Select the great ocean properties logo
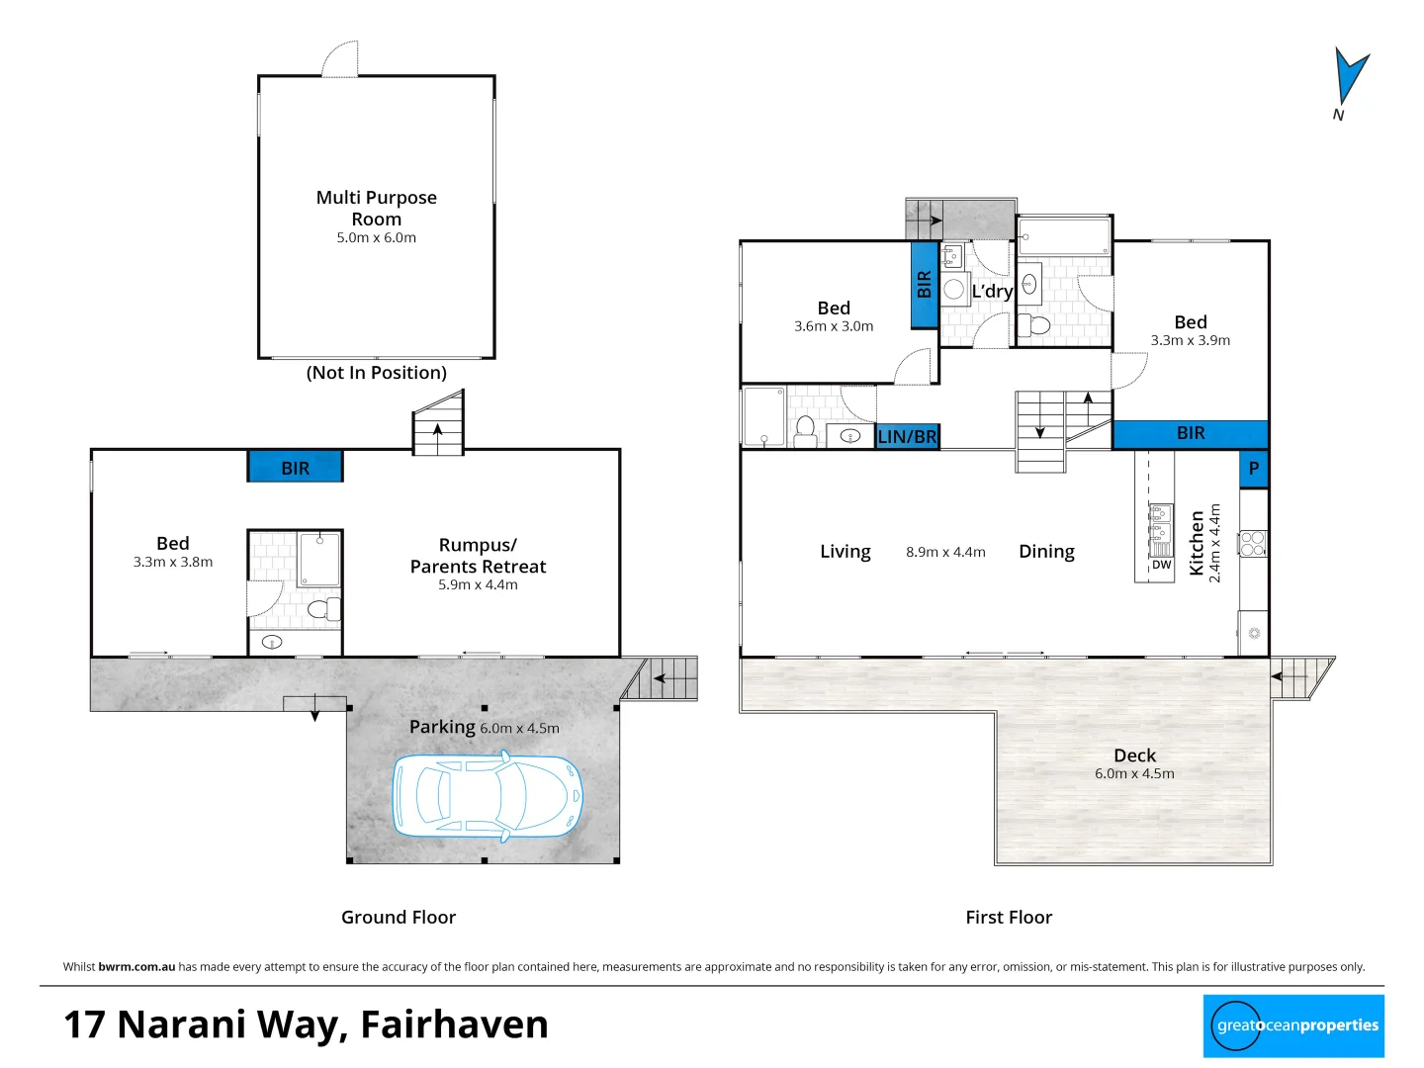(1293, 1026)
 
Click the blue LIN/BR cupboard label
(907, 436)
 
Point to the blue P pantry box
(1253, 469)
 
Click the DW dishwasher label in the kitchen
(1161, 566)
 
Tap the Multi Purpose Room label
(376, 208)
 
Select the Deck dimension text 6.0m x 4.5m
(1134, 774)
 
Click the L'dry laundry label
(991, 291)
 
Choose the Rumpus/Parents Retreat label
(478, 556)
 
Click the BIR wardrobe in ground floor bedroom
(295, 468)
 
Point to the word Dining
(1046, 552)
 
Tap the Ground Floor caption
(399, 918)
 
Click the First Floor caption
(1009, 918)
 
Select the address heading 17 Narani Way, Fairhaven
(306, 1024)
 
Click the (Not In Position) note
(376, 373)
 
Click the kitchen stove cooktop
(1252, 543)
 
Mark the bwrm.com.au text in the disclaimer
(136, 967)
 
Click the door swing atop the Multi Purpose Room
(341, 59)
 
